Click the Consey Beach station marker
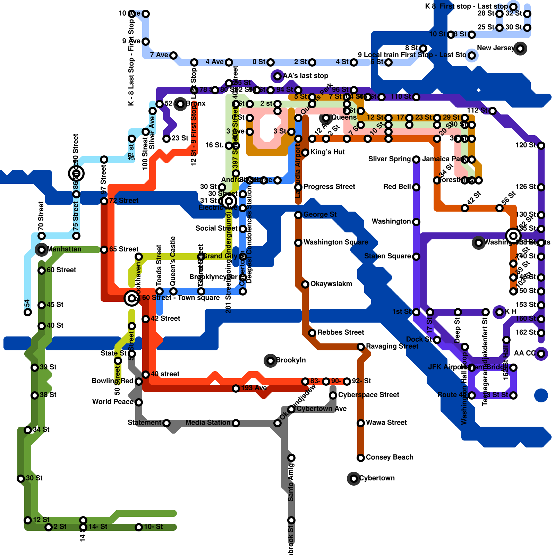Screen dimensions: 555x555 pos(361,458)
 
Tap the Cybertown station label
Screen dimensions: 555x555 pos(377,478)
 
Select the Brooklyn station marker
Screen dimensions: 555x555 pos(271,361)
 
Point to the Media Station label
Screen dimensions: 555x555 pos(208,422)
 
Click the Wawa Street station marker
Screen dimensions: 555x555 pos(361,423)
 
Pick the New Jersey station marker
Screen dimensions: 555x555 pos(520,49)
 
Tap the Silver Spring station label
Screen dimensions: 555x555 pos(390,159)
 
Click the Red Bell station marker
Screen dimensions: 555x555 pos(416,187)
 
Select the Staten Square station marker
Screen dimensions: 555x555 pos(416,257)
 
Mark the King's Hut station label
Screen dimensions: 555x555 pos(327,152)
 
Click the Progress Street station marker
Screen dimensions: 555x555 pos(298,187)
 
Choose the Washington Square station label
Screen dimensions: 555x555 pos(336,242)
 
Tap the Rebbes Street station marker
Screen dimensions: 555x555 pos(312,333)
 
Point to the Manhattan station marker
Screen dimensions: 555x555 pos(42,250)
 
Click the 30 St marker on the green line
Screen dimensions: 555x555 pos(21,479)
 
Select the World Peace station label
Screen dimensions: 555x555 pos(113,402)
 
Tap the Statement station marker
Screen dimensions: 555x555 pos(166,423)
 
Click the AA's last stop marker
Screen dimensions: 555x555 pos(277,76)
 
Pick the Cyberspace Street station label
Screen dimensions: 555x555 pos(368,395)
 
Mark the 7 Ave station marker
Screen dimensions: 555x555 pos(173,55)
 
